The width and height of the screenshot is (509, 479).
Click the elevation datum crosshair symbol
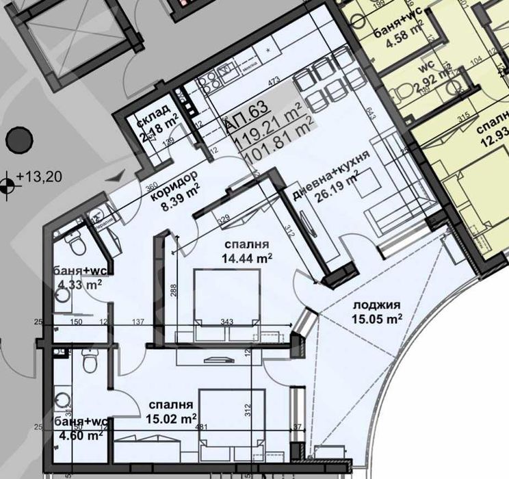8,183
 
